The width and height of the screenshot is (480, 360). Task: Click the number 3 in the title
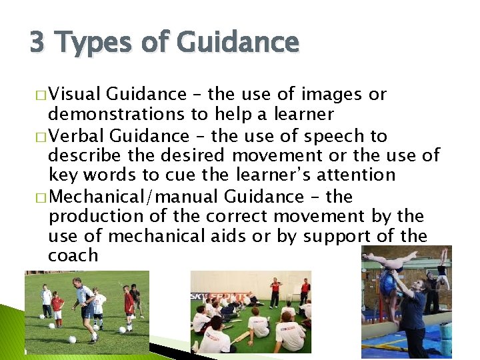37,43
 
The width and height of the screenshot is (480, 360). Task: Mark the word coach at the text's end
73,255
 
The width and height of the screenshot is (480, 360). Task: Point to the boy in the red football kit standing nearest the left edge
57,305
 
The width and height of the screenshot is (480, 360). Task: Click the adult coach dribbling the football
85,309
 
